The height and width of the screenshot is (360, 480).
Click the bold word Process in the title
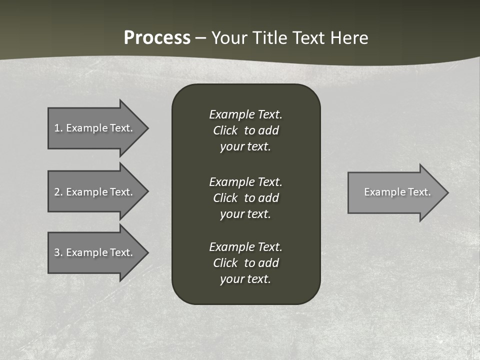coord(157,38)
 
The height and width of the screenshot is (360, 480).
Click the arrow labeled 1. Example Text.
coord(95,128)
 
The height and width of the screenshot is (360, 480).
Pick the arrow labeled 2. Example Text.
coord(95,192)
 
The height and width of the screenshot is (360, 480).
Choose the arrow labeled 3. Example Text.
coord(95,252)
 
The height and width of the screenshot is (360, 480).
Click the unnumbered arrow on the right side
coord(395,192)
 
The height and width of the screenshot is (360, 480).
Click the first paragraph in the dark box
coord(245,130)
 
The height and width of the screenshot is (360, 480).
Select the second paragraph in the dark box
coord(245,197)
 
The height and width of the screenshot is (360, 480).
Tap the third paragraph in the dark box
coord(245,263)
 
